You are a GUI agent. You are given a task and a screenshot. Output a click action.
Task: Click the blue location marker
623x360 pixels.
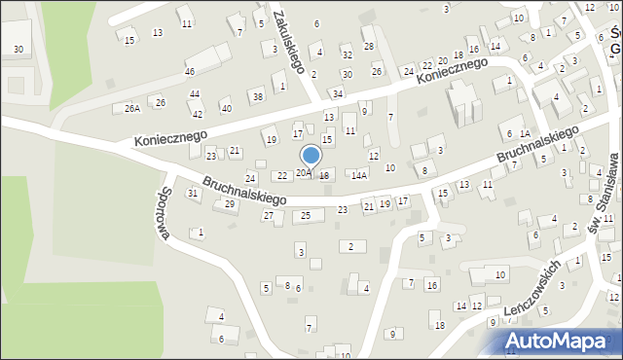click(311, 156)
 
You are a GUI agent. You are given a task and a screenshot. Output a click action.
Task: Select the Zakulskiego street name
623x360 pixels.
click(290, 43)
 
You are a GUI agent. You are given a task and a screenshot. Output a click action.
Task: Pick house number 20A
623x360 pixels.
click(304, 173)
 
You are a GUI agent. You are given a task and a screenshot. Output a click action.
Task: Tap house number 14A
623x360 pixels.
click(359, 175)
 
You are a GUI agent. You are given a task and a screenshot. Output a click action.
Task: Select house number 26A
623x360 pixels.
click(132, 108)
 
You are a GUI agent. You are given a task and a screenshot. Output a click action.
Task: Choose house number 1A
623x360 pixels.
click(524, 133)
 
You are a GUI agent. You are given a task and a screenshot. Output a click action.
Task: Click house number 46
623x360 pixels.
click(190, 72)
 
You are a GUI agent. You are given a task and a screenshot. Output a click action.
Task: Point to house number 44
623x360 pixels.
click(195, 93)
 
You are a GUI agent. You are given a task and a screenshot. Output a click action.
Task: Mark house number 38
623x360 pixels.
click(257, 96)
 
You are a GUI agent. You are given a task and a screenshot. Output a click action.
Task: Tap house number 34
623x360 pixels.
click(337, 93)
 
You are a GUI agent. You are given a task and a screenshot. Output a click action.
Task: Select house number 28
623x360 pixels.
click(368, 46)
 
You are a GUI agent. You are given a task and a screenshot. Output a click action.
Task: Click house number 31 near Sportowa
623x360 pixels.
click(193, 193)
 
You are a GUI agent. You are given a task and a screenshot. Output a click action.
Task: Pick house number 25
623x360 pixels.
click(306, 214)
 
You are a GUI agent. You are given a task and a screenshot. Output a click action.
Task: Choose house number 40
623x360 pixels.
click(226, 108)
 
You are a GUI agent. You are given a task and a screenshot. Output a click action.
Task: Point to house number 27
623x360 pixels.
click(269, 215)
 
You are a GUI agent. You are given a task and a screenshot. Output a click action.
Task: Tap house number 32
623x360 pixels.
click(347, 54)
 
